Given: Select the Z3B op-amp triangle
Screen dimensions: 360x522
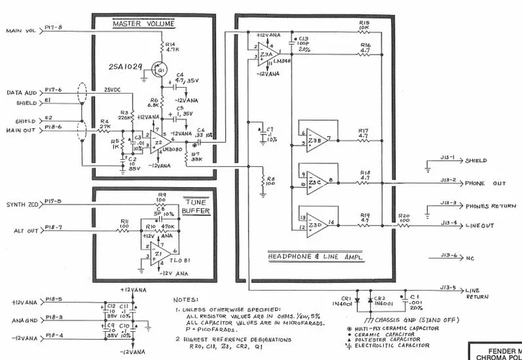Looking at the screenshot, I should click(x=316, y=138).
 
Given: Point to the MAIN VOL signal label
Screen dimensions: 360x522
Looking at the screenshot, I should click(x=20, y=31).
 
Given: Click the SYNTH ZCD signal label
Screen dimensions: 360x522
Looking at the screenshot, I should click(x=23, y=202).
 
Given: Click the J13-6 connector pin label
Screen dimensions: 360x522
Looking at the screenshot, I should click(x=449, y=256).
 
